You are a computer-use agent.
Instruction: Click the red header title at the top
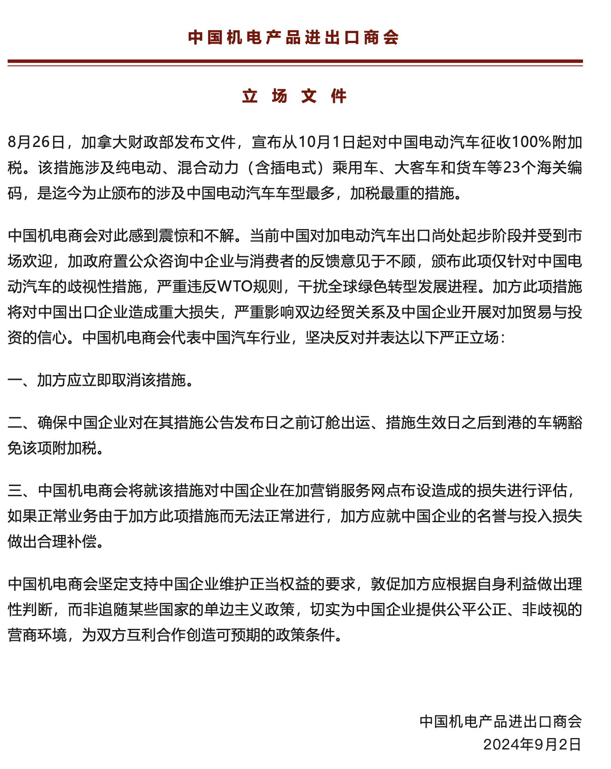tap(293, 37)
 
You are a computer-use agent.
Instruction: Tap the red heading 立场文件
tap(294, 96)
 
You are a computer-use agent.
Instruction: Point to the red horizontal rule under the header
tap(295, 62)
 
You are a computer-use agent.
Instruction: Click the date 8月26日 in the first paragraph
tap(36, 142)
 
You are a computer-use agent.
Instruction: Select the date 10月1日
tap(327, 142)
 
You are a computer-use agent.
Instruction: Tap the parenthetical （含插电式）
tap(286, 167)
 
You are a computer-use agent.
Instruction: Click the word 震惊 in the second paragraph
tap(173, 235)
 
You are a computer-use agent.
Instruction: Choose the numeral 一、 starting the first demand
tap(21, 380)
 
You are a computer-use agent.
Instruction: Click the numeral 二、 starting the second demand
tap(21, 422)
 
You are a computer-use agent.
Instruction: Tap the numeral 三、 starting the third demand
tap(21, 490)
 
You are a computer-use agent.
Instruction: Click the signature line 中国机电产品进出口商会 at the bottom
tap(501, 721)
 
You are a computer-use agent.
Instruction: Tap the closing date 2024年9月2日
tap(532, 744)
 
